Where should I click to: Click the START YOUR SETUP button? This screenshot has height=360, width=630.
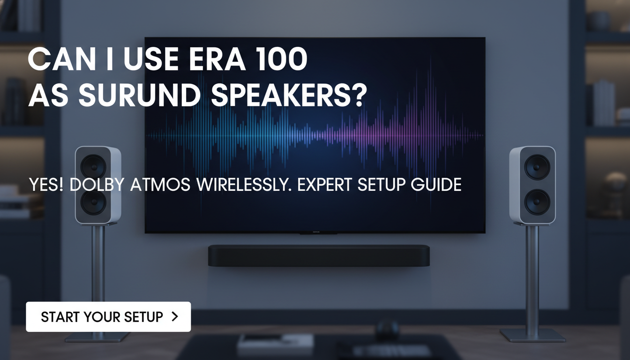point(108,317)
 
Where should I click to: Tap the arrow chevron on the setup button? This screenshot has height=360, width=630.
point(175,317)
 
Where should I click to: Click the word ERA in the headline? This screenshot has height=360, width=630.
point(213,60)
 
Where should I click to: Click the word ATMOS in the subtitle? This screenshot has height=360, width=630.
point(160,184)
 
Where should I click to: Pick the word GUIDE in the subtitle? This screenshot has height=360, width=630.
point(436,184)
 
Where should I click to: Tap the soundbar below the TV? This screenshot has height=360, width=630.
point(319,255)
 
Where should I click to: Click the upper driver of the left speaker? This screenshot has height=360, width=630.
point(93,166)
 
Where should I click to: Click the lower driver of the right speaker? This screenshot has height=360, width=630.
point(536,202)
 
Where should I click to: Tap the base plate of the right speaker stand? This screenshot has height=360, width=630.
point(532,335)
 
